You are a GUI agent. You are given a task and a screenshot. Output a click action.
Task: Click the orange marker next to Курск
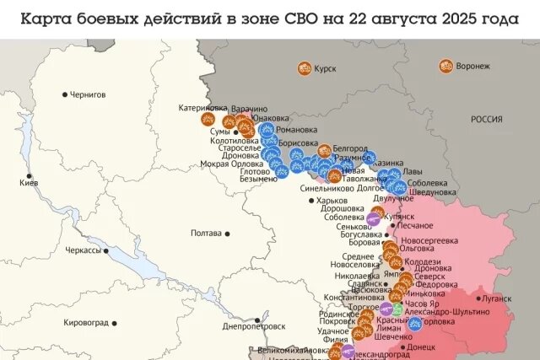click(304, 69)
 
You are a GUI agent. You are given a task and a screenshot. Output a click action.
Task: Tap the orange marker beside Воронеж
click(445, 66)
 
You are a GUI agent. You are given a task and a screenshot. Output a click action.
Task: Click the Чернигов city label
click(88, 95)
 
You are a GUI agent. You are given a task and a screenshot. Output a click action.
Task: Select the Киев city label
click(28, 183)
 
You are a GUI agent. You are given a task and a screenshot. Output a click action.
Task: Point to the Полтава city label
click(207, 233)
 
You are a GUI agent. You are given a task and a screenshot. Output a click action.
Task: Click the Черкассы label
click(84, 250)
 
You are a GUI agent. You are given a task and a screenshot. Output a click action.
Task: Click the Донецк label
click(421, 347)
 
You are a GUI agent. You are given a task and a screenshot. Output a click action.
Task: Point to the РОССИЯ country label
click(486, 120)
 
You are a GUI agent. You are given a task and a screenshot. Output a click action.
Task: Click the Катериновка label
click(202, 108)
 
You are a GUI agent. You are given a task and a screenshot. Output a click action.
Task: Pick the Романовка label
click(297, 130)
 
